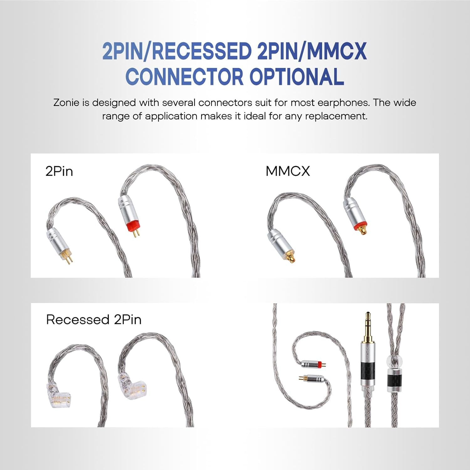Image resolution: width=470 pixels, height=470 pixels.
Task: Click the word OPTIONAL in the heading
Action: [296, 77]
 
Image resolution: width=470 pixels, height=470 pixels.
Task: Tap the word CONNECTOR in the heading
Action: [184, 77]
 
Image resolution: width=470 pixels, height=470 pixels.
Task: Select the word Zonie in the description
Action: [66, 103]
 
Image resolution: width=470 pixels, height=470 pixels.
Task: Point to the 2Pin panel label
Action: [59, 171]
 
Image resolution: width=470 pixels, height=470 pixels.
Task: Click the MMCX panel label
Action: [288, 171]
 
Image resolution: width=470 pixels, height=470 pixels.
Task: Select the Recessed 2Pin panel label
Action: [94, 320]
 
